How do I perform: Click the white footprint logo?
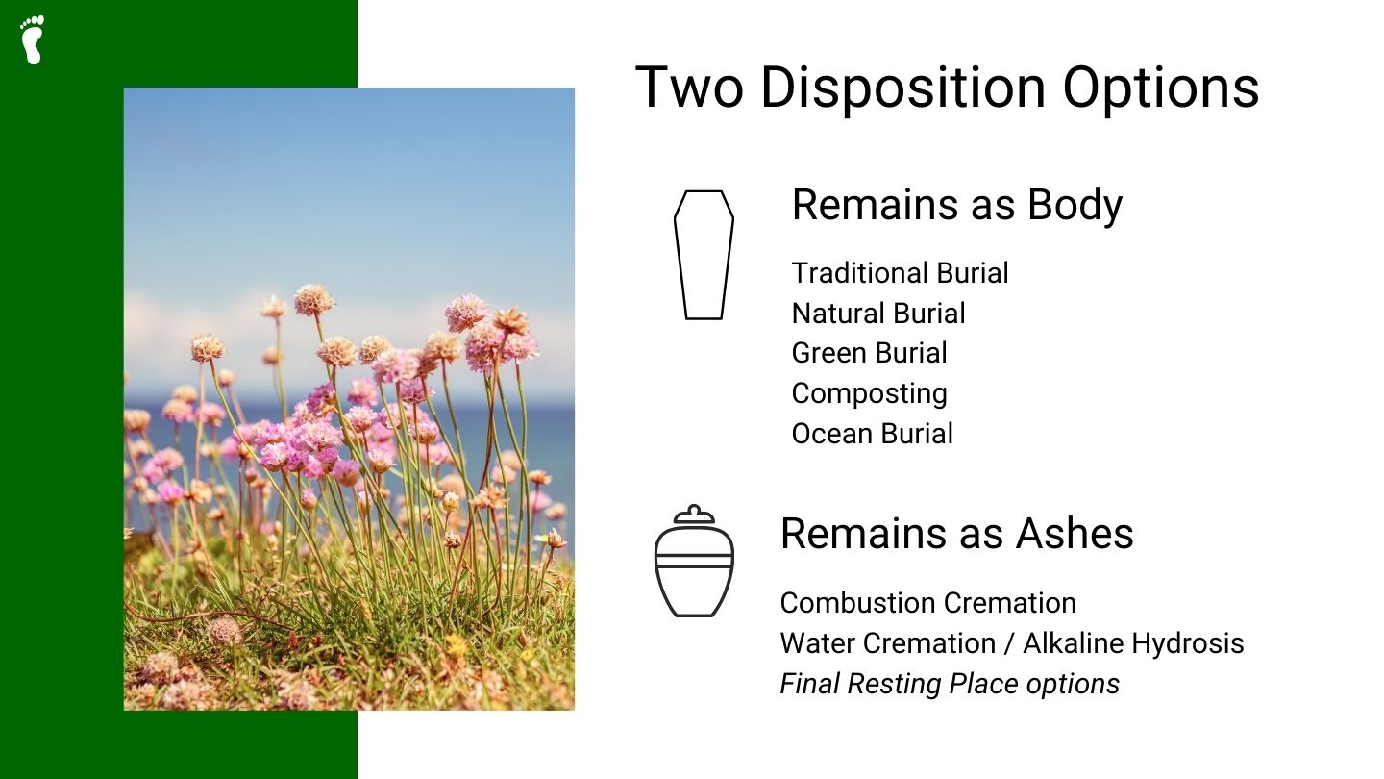pyautogui.click(x=33, y=39)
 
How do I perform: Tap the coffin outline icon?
pyautogui.click(x=704, y=255)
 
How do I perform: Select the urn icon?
pyautogui.click(x=694, y=563)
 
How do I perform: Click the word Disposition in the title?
pyautogui.click(x=902, y=88)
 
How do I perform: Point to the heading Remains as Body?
pyautogui.click(x=956, y=205)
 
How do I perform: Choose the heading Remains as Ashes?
pyautogui.click(x=956, y=533)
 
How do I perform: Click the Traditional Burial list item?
pyautogui.click(x=900, y=273)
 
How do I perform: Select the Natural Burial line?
pyautogui.click(x=878, y=314)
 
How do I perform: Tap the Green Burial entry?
pyautogui.click(x=869, y=353)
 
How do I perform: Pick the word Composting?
pyautogui.click(x=869, y=393)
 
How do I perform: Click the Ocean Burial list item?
pyautogui.click(x=872, y=434)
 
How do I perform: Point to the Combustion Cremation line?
pyautogui.click(x=927, y=603)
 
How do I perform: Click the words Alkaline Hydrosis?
pyautogui.click(x=1133, y=643)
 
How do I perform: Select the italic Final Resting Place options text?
pyautogui.click(x=950, y=684)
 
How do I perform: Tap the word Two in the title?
pyautogui.click(x=689, y=88)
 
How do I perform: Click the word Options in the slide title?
pyautogui.click(x=1160, y=88)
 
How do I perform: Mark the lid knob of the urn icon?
pyautogui.click(x=694, y=510)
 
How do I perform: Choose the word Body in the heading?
pyautogui.click(x=1075, y=205)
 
